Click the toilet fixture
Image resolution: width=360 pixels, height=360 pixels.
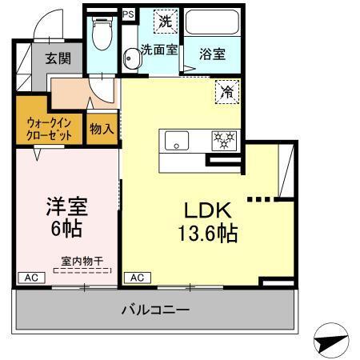[x=102, y=34]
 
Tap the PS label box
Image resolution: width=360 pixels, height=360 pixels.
[x=128, y=14]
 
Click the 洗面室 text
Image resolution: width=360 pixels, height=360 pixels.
[x=158, y=50]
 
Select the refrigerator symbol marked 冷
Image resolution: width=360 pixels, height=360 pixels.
[x=227, y=92]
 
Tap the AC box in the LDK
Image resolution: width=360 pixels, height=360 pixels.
[x=137, y=277]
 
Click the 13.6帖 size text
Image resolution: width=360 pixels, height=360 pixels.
[x=207, y=236]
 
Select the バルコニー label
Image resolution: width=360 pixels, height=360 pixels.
[x=155, y=309]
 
